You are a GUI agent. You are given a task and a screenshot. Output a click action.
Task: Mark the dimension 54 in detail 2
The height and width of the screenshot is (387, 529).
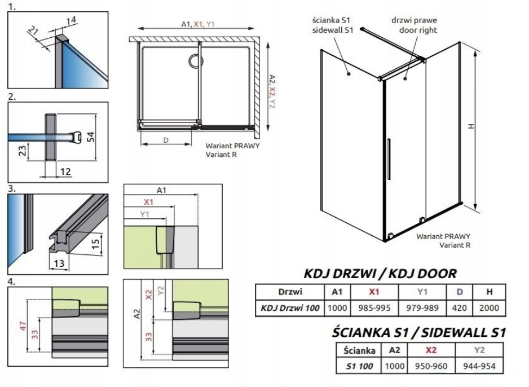pos(91,137)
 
